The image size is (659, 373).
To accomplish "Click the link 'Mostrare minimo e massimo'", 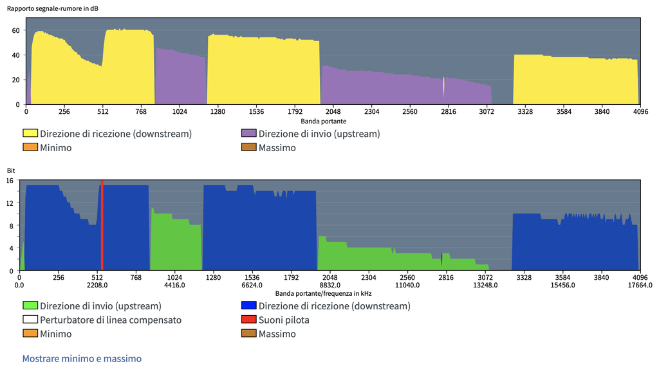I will click(82, 358).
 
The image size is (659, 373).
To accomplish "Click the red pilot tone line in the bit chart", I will click(102, 225).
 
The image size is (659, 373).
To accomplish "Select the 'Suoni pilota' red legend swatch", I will click(248, 320).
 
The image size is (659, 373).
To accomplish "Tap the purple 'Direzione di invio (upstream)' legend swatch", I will click(248, 134).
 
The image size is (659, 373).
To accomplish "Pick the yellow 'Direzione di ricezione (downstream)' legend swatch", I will click(30, 134).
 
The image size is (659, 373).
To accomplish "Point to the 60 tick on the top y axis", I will click(17, 30).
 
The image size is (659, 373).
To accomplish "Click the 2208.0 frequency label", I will click(97, 285).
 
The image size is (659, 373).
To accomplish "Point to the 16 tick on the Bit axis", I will click(10, 181).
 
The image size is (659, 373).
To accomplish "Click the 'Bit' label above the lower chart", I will click(10, 171).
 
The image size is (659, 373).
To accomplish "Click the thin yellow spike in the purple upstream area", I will click(444, 87).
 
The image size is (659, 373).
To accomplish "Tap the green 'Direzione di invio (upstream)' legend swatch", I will click(30, 306).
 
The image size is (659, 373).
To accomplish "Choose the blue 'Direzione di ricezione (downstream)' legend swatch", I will click(248, 306).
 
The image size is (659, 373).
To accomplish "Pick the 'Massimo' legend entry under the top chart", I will click(277, 148).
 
